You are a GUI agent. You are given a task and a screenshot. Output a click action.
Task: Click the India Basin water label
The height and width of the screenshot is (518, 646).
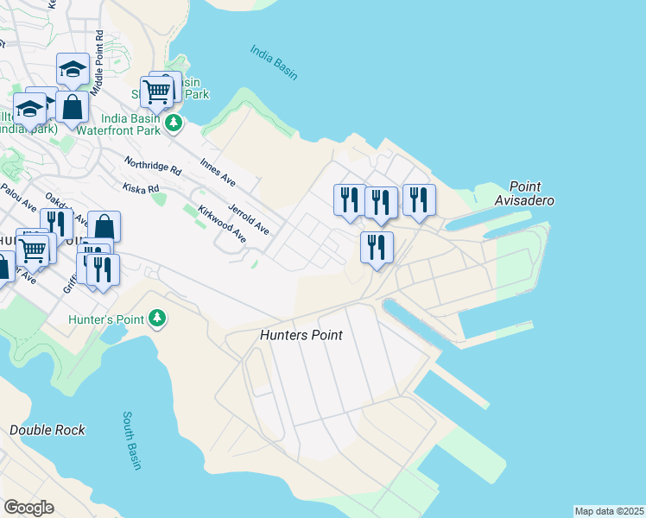[274, 62]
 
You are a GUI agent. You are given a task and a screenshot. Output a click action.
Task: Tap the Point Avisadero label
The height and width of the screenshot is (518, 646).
[530, 193]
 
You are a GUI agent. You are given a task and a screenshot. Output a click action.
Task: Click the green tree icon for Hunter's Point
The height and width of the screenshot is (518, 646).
[156, 319]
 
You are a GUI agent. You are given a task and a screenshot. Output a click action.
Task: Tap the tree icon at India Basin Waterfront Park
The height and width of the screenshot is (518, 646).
[174, 123]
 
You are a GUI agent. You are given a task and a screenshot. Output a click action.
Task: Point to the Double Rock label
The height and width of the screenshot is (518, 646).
[47, 430]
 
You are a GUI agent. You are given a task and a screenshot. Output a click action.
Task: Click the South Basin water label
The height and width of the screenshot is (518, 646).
[131, 440]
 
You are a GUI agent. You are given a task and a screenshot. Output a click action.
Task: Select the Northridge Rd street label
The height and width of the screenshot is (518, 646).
[152, 165]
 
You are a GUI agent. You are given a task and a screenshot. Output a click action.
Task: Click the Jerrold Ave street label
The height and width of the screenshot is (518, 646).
[249, 218]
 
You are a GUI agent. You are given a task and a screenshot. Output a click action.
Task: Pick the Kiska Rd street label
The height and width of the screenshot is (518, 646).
[141, 187]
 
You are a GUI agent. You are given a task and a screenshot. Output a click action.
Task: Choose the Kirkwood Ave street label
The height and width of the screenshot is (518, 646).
[222, 224]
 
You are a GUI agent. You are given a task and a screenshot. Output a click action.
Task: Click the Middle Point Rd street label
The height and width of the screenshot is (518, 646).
[98, 54]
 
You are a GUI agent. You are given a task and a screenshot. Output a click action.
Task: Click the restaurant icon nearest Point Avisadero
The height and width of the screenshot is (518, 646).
[419, 200]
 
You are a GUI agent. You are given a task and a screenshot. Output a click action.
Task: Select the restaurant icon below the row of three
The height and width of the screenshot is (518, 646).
[377, 248]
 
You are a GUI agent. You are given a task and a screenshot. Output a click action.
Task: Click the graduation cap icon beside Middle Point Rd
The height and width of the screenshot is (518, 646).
[73, 69]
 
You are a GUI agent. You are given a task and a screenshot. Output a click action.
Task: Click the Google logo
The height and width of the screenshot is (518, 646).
[28, 508]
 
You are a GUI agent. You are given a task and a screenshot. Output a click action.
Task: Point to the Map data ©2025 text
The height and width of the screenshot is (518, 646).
[608, 511]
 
